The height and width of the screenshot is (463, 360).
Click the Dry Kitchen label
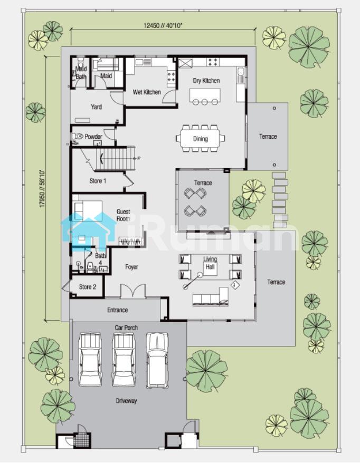(x=206, y=81)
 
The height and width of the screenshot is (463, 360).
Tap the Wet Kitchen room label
(x=147, y=92)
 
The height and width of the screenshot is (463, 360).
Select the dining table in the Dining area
(x=201, y=139)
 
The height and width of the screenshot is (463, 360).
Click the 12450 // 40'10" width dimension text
(x=163, y=25)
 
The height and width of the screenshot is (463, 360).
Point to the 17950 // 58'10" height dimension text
(x=42, y=188)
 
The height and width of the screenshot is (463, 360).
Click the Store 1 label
(x=98, y=181)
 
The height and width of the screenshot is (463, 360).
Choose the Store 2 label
(x=88, y=287)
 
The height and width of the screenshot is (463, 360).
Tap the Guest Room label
(x=123, y=215)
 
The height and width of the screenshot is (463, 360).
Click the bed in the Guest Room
(x=88, y=211)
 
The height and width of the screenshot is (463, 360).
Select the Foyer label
(x=131, y=267)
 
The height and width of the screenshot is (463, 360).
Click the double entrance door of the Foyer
(x=133, y=291)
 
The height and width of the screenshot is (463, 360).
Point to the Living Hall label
(x=210, y=263)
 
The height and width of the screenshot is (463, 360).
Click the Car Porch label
(x=126, y=328)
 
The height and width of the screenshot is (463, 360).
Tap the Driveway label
(x=126, y=401)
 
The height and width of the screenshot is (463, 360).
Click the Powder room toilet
(x=78, y=137)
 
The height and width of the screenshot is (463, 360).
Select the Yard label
(x=97, y=107)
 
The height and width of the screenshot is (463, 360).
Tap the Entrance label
(x=117, y=310)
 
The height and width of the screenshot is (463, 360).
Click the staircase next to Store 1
(x=115, y=159)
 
